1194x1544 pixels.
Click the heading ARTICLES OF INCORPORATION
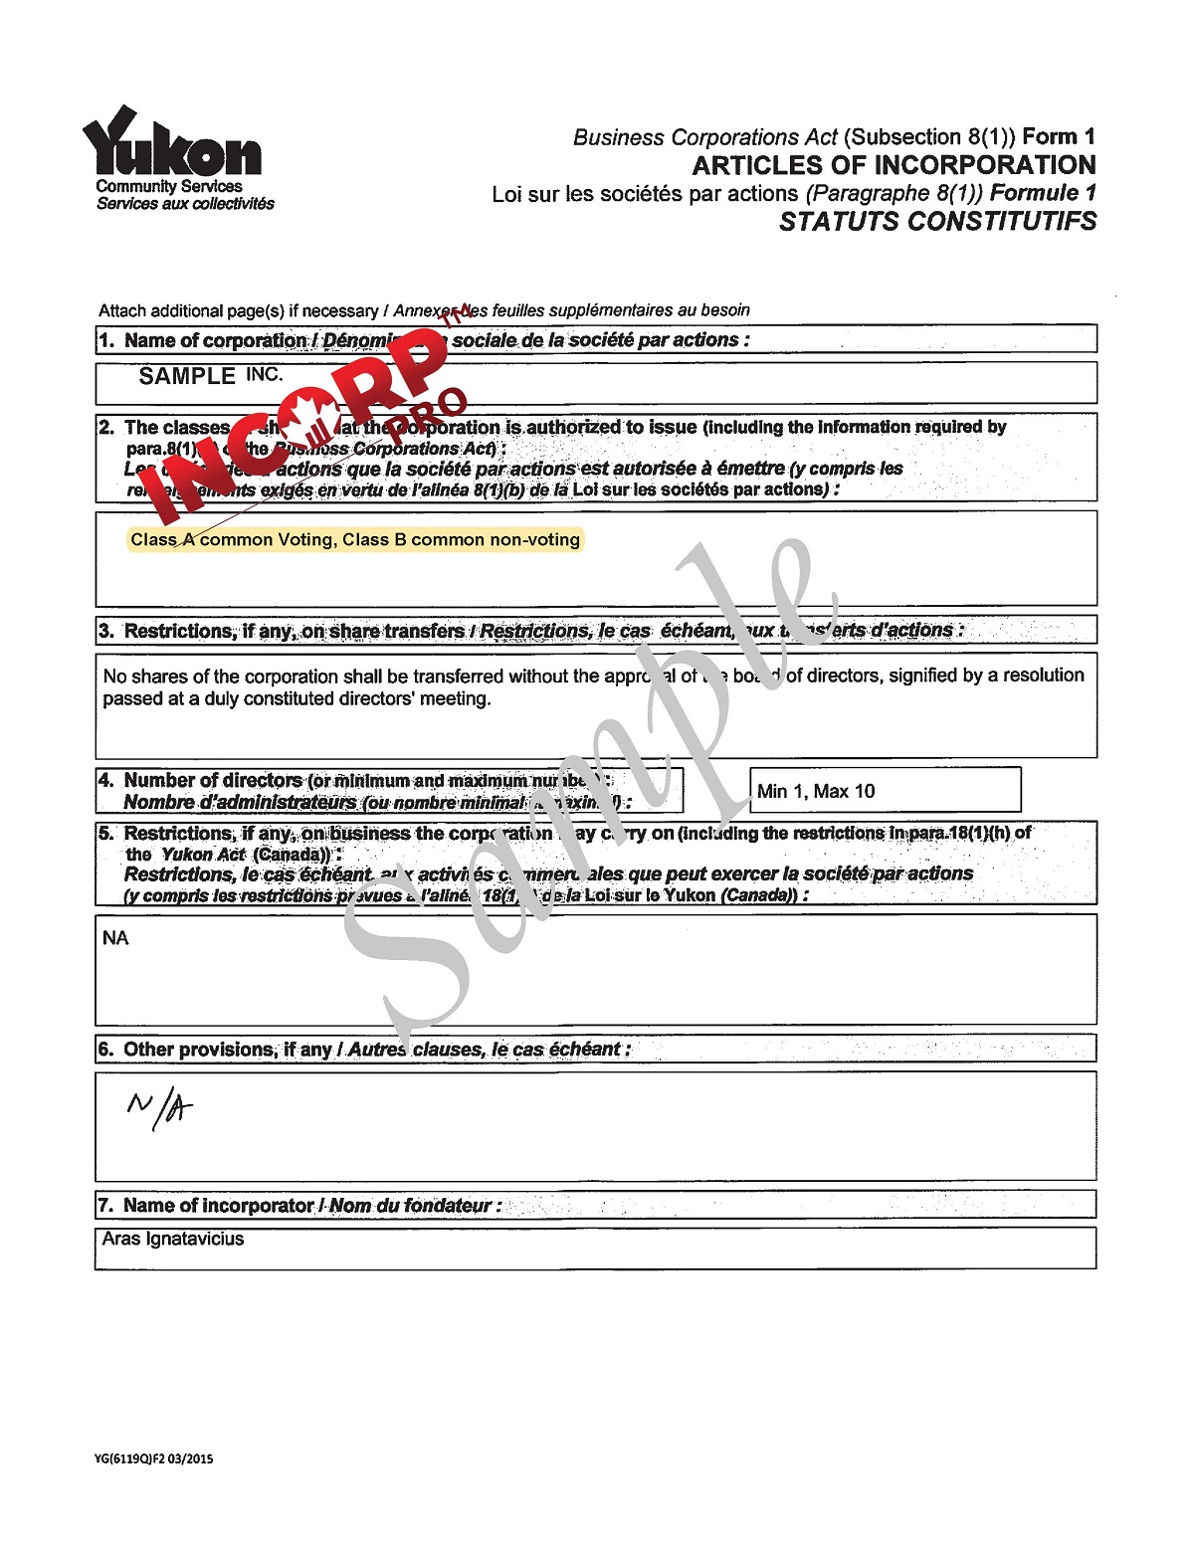click(894, 165)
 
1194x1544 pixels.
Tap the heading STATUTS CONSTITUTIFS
click(936, 221)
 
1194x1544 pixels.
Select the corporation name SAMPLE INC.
click(210, 376)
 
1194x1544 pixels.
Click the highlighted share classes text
click(354, 540)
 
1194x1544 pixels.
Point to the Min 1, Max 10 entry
click(816, 791)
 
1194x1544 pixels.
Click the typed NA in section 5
click(115, 938)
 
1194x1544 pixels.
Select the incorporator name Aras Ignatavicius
click(173, 1239)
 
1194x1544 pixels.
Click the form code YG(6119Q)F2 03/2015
click(153, 1459)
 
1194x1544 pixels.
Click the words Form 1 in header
click(1059, 137)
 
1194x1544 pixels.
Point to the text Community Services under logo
click(168, 186)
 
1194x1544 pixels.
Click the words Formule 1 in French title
click(1043, 193)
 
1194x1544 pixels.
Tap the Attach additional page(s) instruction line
click(424, 310)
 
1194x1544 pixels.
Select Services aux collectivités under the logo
click(185, 204)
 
